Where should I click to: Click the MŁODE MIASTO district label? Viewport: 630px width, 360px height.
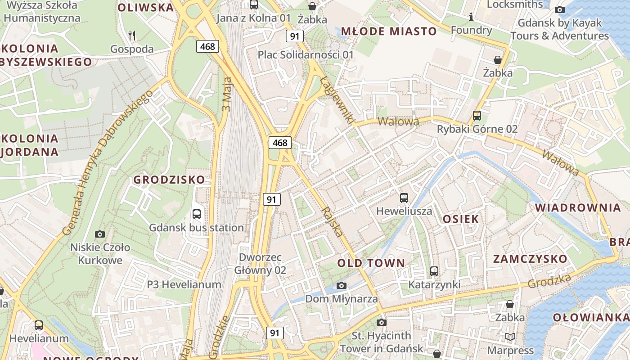tap(389, 31)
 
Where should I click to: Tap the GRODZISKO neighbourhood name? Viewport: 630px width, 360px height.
tap(169, 180)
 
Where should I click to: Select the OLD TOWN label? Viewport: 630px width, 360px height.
tap(371, 263)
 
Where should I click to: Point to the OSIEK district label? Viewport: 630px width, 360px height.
tap(461, 219)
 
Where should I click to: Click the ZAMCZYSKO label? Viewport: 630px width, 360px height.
tap(530, 259)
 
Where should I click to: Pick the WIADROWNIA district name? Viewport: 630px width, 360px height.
tap(578, 207)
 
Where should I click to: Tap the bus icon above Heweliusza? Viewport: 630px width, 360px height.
tap(404, 198)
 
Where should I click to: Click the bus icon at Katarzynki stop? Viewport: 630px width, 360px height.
tap(434, 271)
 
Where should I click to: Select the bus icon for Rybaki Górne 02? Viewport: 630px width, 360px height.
tap(477, 116)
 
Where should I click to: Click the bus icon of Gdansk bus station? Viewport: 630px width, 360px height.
tap(197, 214)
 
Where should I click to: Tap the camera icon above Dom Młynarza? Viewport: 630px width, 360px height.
tap(342, 285)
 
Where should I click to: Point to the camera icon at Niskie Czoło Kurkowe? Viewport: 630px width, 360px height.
tap(100, 234)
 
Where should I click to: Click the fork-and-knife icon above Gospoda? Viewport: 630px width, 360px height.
tap(132, 35)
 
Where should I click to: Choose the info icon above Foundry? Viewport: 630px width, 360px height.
tap(471, 17)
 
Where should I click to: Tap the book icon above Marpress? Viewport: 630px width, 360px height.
tap(510, 337)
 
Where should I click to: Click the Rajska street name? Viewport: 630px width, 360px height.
tap(333, 222)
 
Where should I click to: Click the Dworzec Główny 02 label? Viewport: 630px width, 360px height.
tap(260, 264)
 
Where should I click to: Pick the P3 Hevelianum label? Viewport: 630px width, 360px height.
tap(184, 284)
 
